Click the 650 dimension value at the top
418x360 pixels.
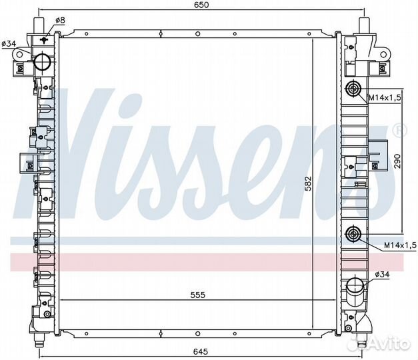pos(201,5)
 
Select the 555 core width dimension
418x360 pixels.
pos(197,295)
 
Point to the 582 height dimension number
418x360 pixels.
pos(308,184)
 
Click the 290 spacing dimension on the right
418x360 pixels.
pos(397,161)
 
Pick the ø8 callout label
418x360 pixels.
pos(60,20)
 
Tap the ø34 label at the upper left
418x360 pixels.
pos(9,44)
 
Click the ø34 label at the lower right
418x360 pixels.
pos(382,274)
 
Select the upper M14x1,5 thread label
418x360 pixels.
pos(385,98)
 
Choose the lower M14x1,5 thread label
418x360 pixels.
pos(400,245)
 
